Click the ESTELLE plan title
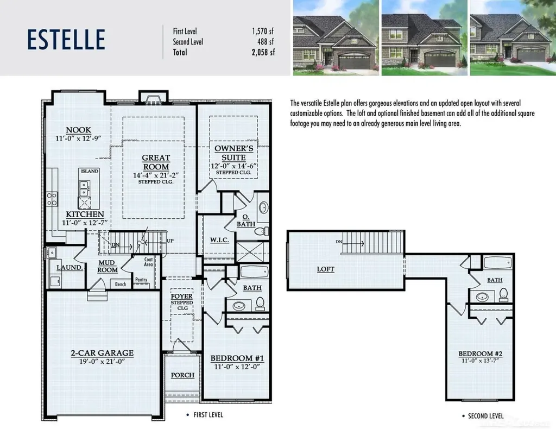click(x=66, y=39)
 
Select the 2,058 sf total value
click(x=263, y=53)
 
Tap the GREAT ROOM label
click(x=156, y=162)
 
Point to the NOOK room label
click(x=78, y=130)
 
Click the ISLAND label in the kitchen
click(x=90, y=171)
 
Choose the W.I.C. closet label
click(x=219, y=240)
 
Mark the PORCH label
click(x=182, y=375)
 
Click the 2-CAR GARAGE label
click(x=102, y=353)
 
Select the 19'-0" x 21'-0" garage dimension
click(x=102, y=362)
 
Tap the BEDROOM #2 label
click(x=481, y=354)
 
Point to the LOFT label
click(x=326, y=269)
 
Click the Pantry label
click(x=141, y=280)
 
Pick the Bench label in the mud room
click(x=121, y=284)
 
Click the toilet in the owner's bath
click(x=262, y=231)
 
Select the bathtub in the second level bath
click(x=498, y=263)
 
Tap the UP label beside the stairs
click(x=170, y=241)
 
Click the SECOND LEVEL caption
click(x=486, y=416)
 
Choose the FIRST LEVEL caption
click(x=208, y=415)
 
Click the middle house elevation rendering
click(x=425, y=37)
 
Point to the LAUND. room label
click(x=70, y=267)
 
